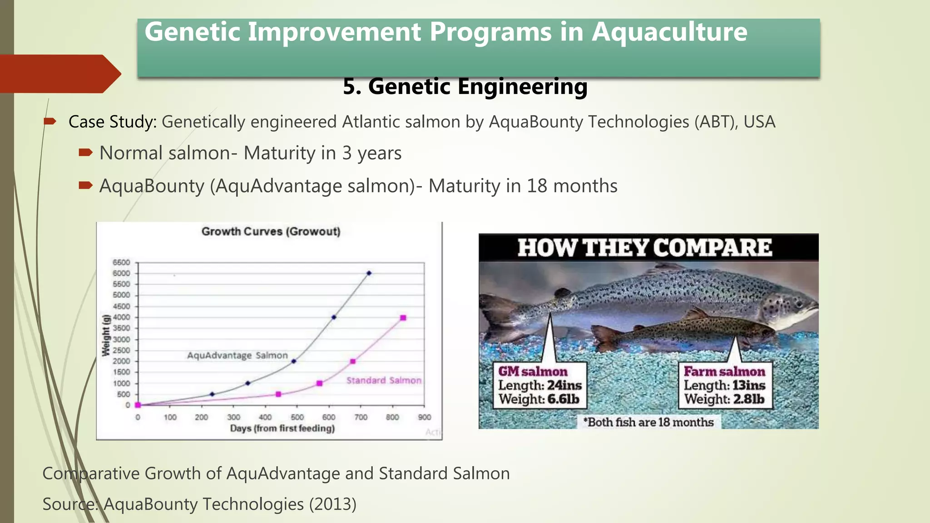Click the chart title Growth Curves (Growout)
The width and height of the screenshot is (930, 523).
271,232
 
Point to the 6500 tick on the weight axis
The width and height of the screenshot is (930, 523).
121,262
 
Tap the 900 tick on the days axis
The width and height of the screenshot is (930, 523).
424,417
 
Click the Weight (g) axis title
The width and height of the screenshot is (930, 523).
106,335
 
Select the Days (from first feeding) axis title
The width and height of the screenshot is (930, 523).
282,428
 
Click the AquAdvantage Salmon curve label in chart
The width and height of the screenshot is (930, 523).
237,355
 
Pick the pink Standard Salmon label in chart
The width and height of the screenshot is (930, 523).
384,380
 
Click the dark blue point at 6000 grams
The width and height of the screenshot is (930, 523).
369,273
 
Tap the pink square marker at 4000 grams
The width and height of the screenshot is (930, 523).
403,318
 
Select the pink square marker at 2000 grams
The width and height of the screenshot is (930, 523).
353,361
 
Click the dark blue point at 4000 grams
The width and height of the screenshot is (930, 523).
334,317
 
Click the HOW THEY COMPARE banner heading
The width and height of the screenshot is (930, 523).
644,248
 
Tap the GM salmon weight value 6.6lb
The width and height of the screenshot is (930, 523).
563,400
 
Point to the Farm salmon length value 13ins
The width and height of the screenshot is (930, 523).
748,385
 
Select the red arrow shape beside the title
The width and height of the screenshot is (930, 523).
59,74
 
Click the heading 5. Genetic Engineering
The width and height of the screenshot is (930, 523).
465,86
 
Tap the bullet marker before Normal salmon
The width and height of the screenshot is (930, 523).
85,153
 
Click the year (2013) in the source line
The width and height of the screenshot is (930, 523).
332,504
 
